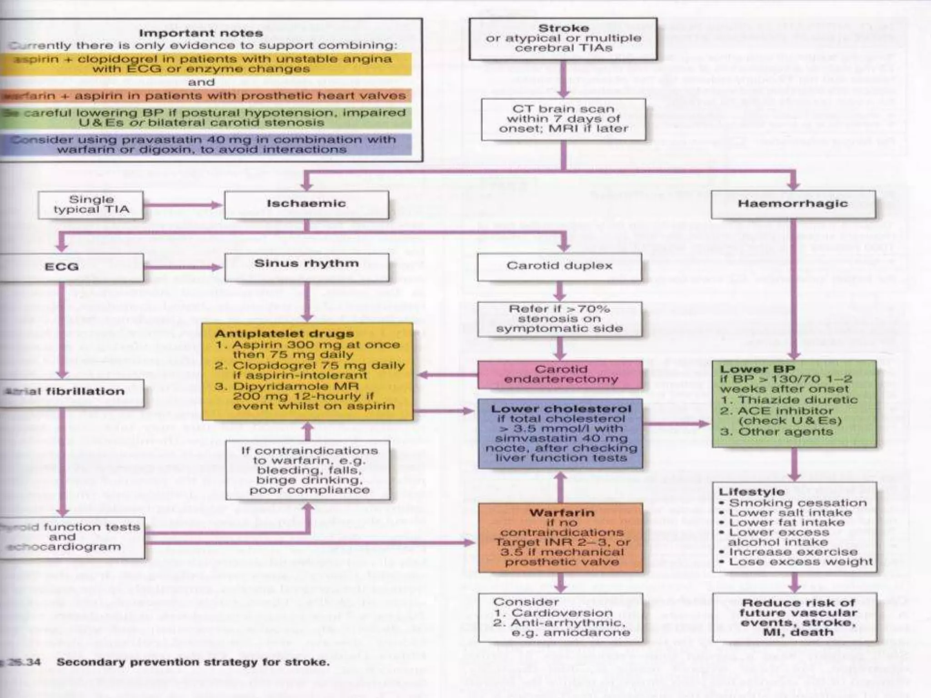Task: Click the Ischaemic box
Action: (x=306, y=204)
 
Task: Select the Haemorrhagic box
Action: (x=793, y=204)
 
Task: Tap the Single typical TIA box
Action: (x=91, y=205)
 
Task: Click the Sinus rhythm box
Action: (x=307, y=267)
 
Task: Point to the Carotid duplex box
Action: (x=560, y=266)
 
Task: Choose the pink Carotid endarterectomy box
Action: (x=561, y=374)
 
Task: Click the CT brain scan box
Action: (x=564, y=119)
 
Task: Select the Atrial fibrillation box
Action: (x=68, y=392)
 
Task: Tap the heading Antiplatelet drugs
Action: (x=284, y=334)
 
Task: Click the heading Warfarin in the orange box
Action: (x=562, y=513)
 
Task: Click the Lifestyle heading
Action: (x=752, y=492)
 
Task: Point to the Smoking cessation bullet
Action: (x=798, y=503)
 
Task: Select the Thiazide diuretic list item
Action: (x=798, y=400)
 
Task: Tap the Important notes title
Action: (x=201, y=33)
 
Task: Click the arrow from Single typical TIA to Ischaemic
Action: (x=184, y=205)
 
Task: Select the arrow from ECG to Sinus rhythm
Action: (x=184, y=267)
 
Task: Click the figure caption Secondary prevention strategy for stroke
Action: (x=193, y=662)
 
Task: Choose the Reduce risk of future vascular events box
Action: (x=795, y=618)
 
